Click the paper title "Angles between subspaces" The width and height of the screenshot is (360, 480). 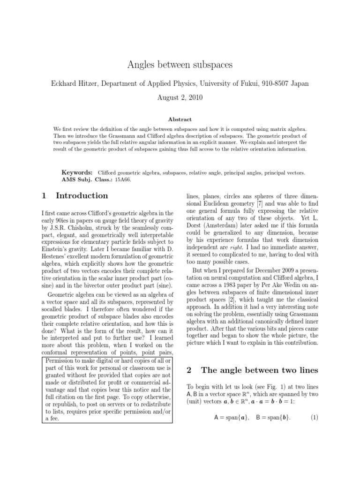tap(180, 65)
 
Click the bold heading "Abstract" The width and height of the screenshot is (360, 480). tap(180, 120)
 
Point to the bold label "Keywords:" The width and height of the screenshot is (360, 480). tap(77, 173)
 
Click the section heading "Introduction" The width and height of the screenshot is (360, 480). tap(82, 196)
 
